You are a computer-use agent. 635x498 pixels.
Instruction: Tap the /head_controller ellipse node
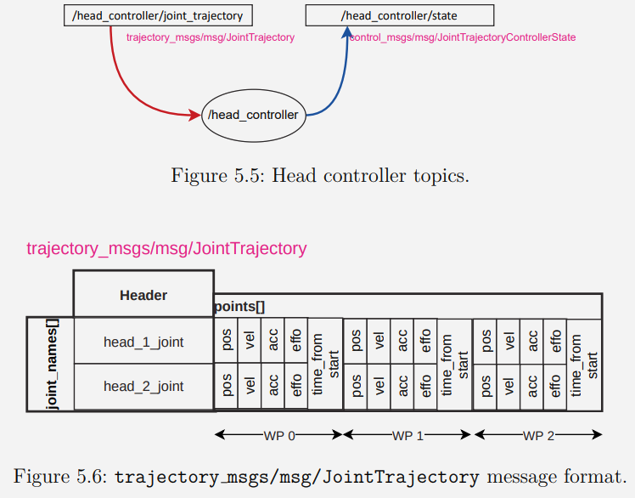point(253,115)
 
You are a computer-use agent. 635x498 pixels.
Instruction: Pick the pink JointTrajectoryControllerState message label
point(463,37)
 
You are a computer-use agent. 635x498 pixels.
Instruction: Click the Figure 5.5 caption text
point(320,176)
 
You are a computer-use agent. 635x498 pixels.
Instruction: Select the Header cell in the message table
point(143,295)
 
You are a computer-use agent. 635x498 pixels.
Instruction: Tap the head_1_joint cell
point(143,342)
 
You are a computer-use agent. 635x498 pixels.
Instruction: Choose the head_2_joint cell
point(143,386)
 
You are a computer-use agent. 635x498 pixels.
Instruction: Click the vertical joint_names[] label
point(53,365)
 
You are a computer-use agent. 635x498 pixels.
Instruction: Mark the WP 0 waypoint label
point(278,435)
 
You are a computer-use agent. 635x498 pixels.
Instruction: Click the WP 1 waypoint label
point(407,435)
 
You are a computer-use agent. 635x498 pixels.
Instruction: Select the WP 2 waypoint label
point(538,435)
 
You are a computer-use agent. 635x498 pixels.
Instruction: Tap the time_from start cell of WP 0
point(324,364)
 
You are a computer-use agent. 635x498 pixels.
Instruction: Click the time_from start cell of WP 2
point(584,364)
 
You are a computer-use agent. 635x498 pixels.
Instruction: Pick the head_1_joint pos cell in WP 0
point(227,341)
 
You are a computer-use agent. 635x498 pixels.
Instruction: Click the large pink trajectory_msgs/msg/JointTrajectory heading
point(166,248)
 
